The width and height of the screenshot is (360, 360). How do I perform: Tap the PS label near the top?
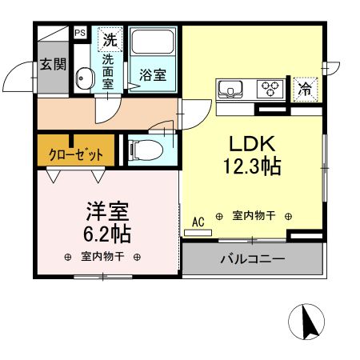click(x=80, y=33)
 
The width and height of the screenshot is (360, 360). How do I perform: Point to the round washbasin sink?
click(x=83, y=78)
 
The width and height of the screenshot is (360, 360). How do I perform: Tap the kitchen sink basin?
click(x=230, y=89)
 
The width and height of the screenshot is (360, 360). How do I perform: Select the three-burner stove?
click(x=270, y=88)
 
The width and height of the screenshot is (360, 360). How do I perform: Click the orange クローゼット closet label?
click(x=76, y=155)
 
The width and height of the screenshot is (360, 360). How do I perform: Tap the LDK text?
click(x=253, y=145)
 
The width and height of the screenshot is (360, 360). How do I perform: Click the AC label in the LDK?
click(x=198, y=220)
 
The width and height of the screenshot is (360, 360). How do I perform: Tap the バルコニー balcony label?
click(x=252, y=260)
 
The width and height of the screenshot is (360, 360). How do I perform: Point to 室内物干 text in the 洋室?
click(x=102, y=257)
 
